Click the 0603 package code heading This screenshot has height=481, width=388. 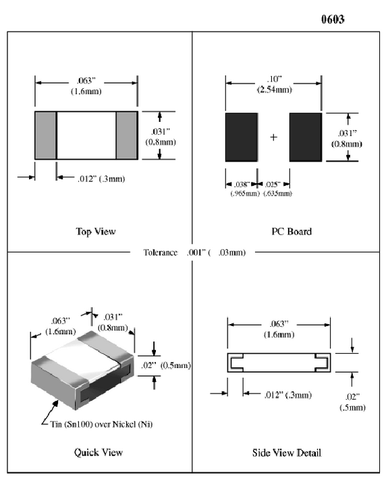[x=333, y=20]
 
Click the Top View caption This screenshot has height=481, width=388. [x=95, y=232]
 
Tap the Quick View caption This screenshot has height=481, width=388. [x=98, y=452]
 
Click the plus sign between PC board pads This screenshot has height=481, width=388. [x=273, y=137]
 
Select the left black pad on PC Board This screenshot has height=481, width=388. [x=242, y=137]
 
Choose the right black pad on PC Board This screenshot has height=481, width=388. [x=306, y=137]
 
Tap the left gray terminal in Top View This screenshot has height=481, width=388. [x=45, y=135]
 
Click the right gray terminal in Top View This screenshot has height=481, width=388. [x=127, y=135]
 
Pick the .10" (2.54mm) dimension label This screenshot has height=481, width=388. [x=273, y=84]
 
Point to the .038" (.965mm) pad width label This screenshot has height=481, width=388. [x=242, y=189]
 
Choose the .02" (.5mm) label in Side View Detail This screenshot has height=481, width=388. [x=353, y=402]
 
